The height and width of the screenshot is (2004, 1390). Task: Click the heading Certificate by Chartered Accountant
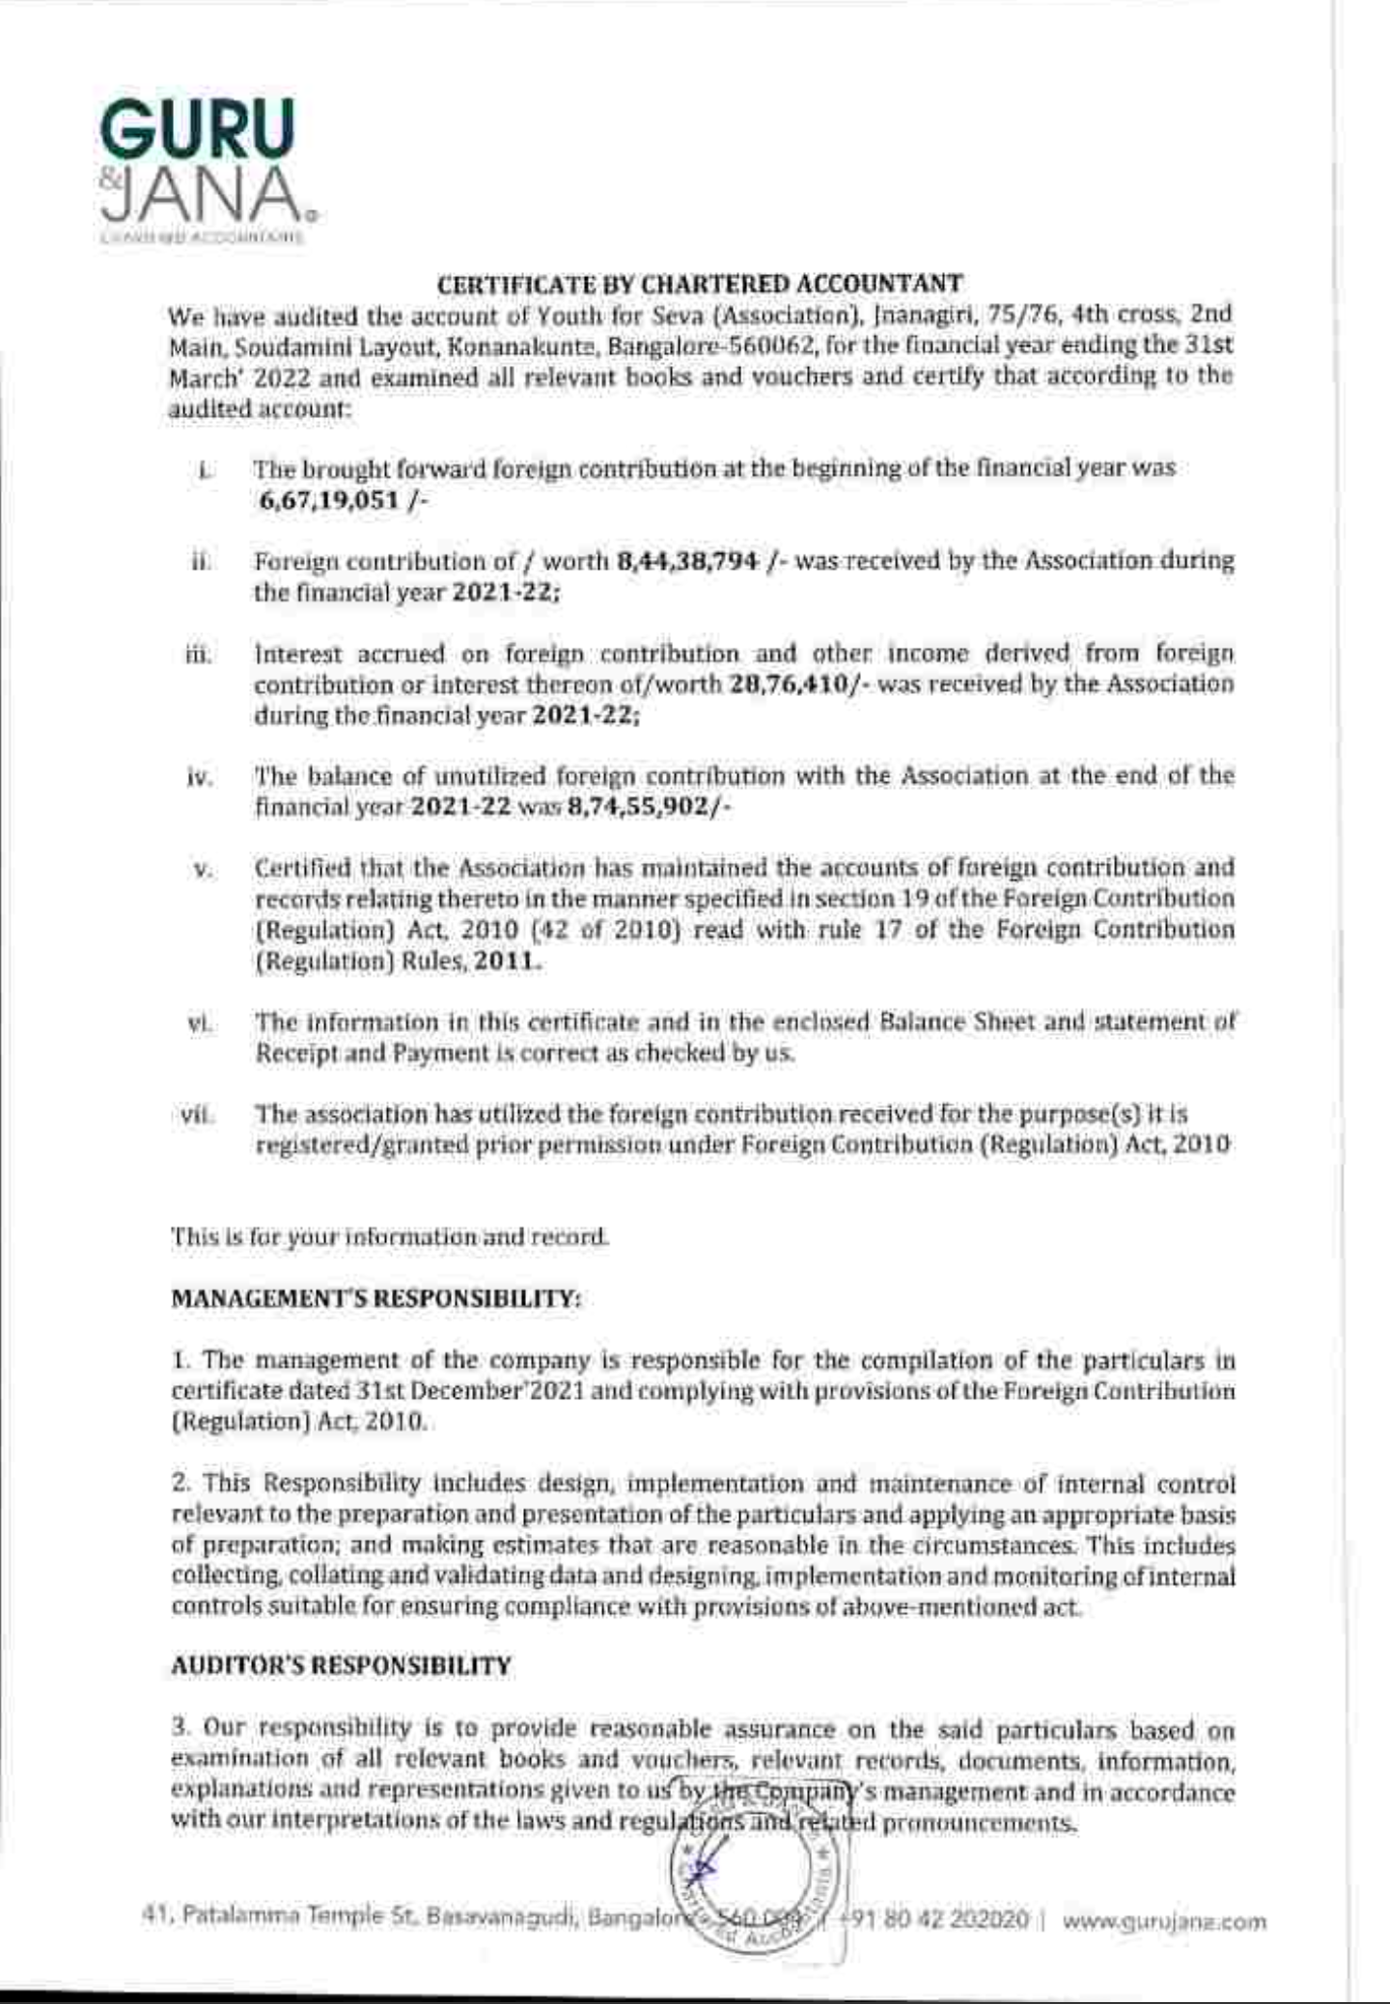point(700,285)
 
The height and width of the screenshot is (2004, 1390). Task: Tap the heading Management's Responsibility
point(375,1298)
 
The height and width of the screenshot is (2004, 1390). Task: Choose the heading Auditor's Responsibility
point(341,1666)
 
